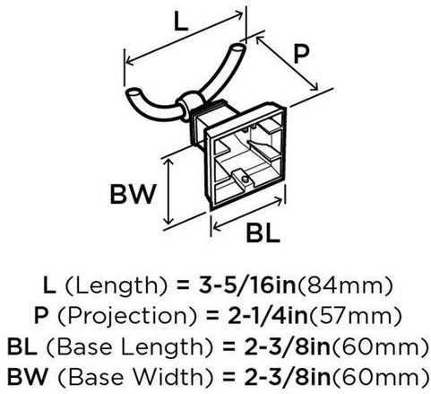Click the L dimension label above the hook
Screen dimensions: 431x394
(x=181, y=22)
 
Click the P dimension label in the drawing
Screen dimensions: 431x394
(x=301, y=55)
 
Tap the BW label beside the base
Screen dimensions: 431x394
(x=134, y=195)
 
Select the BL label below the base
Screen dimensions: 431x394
(x=263, y=232)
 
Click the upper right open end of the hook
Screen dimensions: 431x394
(x=238, y=48)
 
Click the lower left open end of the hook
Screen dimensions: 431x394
(x=133, y=92)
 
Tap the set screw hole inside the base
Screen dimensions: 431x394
(x=245, y=179)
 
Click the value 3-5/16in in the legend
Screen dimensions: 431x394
(x=247, y=285)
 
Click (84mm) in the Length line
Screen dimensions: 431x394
(x=345, y=285)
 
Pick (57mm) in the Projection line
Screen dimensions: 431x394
(x=356, y=316)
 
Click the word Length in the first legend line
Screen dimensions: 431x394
(x=116, y=285)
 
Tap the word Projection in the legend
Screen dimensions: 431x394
(x=127, y=316)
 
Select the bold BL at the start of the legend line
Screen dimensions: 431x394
(x=22, y=346)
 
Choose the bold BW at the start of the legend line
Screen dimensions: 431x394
(x=28, y=376)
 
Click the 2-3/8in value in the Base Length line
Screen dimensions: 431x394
(x=288, y=346)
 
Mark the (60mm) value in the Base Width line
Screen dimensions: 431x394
(x=380, y=377)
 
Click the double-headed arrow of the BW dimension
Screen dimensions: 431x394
(x=169, y=191)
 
